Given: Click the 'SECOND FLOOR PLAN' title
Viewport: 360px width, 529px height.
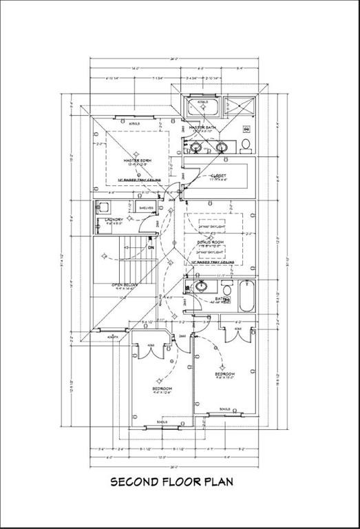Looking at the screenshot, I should [172, 482].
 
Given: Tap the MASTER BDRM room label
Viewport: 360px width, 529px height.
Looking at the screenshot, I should [138, 160].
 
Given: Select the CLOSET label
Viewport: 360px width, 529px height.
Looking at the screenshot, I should [220, 174].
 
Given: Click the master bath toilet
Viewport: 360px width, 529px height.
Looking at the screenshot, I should [246, 144].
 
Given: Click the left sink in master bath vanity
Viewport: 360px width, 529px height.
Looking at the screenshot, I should [196, 147].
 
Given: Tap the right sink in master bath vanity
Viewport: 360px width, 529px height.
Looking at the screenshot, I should [221, 147].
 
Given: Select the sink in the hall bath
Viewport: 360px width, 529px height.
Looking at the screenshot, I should [202, 287].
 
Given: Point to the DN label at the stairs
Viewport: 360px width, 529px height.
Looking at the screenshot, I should [150, 247].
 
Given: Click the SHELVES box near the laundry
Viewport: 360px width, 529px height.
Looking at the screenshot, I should [146, 207].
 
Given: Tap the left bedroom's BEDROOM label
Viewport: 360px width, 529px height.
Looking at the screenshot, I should [162, 389].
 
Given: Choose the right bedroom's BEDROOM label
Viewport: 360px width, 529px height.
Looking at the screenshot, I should [225, 373].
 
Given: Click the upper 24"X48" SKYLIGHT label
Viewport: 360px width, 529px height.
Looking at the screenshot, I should [212, 227].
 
